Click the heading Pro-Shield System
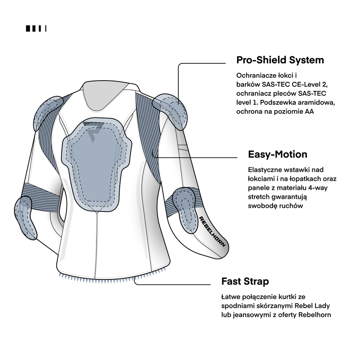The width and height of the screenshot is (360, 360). [x=280, y=60]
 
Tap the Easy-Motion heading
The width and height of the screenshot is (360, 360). [x=278, y=154]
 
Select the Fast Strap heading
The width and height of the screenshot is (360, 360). [x=245, y=281]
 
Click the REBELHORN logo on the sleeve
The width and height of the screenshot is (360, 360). [x=212, y=231]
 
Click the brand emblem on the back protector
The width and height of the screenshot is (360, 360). [x=94, y=131]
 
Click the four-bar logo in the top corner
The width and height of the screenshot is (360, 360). [x=36, y=28]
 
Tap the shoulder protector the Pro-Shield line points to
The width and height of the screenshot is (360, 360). [x=171, y=111]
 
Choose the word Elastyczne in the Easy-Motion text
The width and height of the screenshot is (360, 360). [x=265, y=170]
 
